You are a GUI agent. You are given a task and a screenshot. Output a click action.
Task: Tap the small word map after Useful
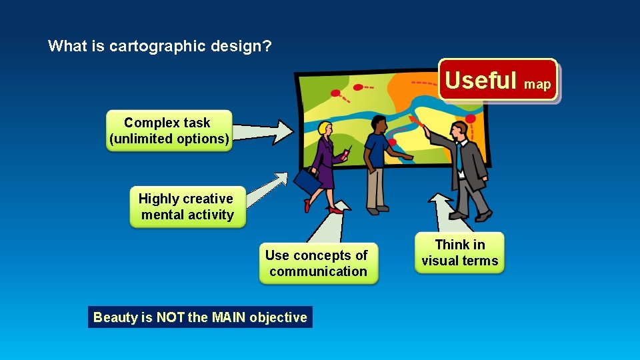pos(537,84)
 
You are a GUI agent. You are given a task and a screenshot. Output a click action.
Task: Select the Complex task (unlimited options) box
pos(169,131)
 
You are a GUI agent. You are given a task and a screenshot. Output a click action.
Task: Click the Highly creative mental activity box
pos(187,207)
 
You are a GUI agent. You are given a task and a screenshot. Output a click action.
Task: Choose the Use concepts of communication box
pos(317,263)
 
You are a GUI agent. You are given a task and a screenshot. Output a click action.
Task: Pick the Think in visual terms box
pos(459,253)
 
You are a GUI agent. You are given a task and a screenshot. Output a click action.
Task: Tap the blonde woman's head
pos(325,129)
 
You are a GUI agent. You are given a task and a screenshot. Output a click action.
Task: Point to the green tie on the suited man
pos(459,156)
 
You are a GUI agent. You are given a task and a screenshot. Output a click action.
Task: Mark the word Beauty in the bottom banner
pos(115,317)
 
